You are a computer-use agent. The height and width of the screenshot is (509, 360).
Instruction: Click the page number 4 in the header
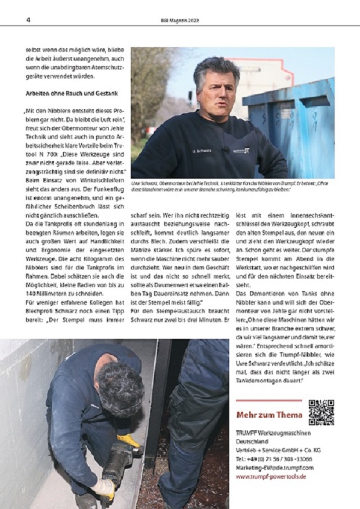pyautogui.click(x=29, y=21)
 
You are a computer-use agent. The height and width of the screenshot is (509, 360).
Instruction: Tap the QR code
pyautogui.click(x=321, y=412)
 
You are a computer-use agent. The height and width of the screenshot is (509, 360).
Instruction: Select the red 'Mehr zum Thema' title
pyautogui.click(x=269, y=415)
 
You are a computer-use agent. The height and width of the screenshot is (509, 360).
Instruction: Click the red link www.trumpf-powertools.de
pyautogui.click(x=271, y=476)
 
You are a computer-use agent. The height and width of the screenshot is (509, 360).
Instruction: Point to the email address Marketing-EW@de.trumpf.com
pyautogui.click(x=274, y=467)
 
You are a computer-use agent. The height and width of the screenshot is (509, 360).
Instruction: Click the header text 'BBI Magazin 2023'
pyautogui.click(x=180, y=21)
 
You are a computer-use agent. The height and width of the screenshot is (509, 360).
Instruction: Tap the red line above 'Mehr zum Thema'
pyautogui.click(x=268, y=401)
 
